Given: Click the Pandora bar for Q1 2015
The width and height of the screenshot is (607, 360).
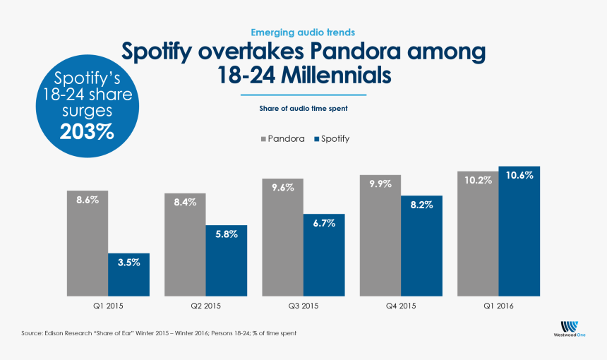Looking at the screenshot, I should [88, 244].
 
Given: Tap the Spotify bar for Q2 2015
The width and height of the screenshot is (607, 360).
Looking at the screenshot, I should [227, 260].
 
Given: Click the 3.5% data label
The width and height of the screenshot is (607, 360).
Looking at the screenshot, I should [128, 262].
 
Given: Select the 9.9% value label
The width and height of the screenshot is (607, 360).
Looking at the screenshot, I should [380, 184].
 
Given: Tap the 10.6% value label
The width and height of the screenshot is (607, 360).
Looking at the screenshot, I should [519, 176].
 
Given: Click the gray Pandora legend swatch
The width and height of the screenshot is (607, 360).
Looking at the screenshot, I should [263, 139].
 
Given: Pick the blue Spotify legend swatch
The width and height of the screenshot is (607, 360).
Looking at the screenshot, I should [315, 139].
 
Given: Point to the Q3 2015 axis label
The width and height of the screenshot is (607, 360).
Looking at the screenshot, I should [303, 306].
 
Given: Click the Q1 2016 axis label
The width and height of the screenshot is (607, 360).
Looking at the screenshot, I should [498, 306].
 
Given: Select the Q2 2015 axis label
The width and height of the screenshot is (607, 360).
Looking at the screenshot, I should [206, 306].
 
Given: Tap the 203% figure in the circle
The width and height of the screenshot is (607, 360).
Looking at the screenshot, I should [87, 131].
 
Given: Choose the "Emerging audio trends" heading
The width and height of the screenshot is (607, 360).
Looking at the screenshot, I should [303, 32].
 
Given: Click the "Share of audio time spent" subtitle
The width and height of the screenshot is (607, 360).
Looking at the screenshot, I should [303, 109].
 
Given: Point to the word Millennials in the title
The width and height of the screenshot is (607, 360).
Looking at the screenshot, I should [331, 74].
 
